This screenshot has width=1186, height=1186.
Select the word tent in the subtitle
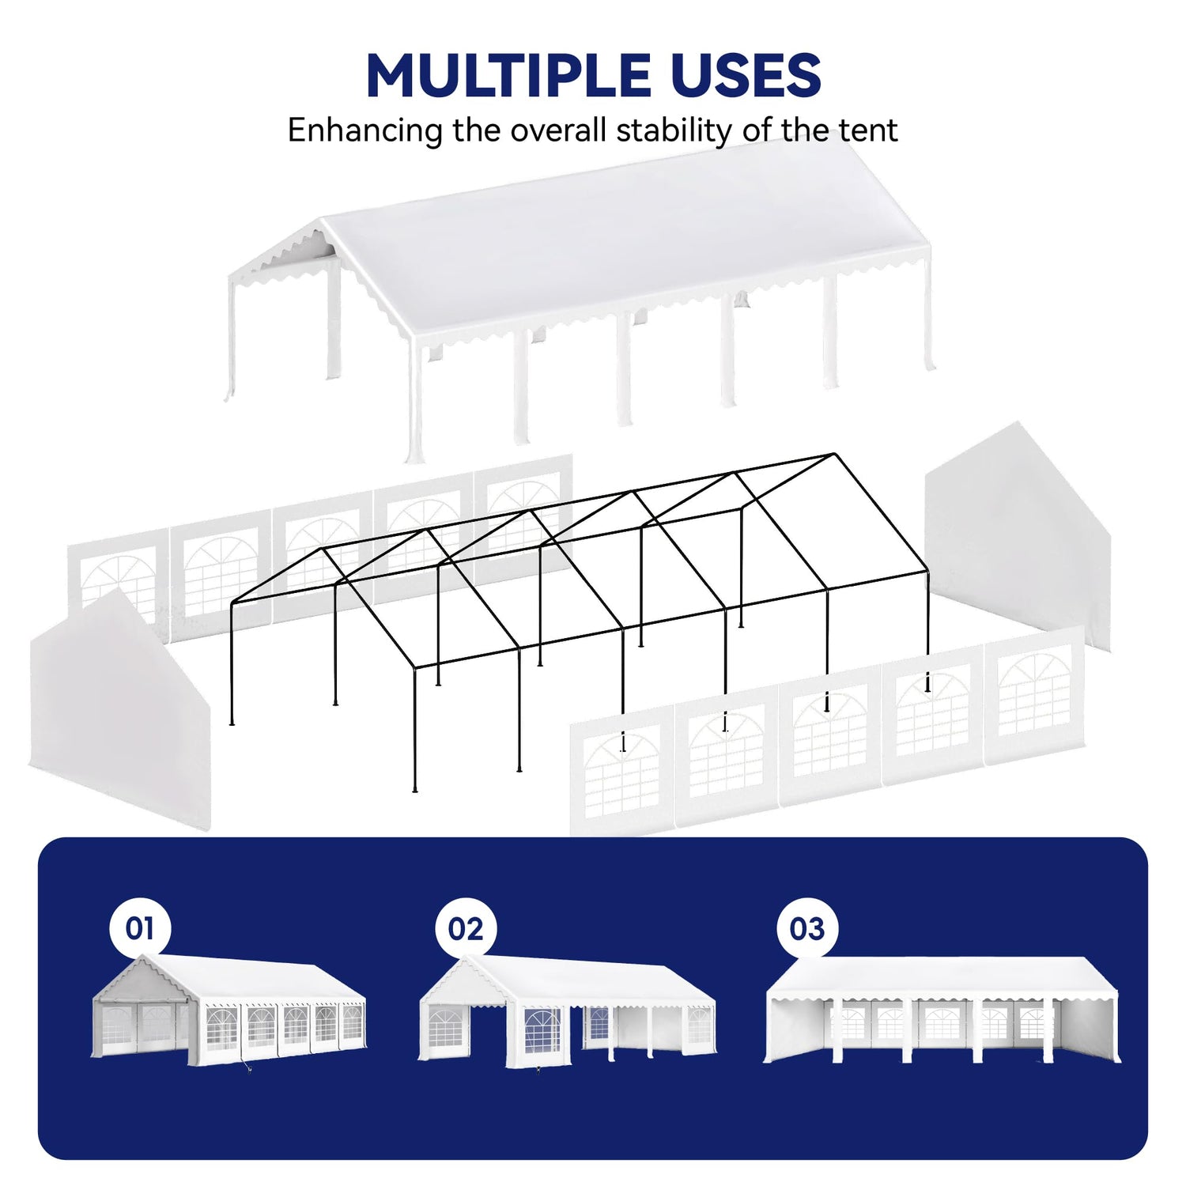(x=868, y=130)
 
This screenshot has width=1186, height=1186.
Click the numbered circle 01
(x=140, y=928)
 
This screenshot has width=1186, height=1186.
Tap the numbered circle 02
(x=466, y=928)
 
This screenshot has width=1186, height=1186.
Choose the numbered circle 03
(x=807, y=928)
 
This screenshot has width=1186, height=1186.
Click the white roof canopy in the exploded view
(x=601, y=261)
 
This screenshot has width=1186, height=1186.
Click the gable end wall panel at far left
(x=119, y=712)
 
